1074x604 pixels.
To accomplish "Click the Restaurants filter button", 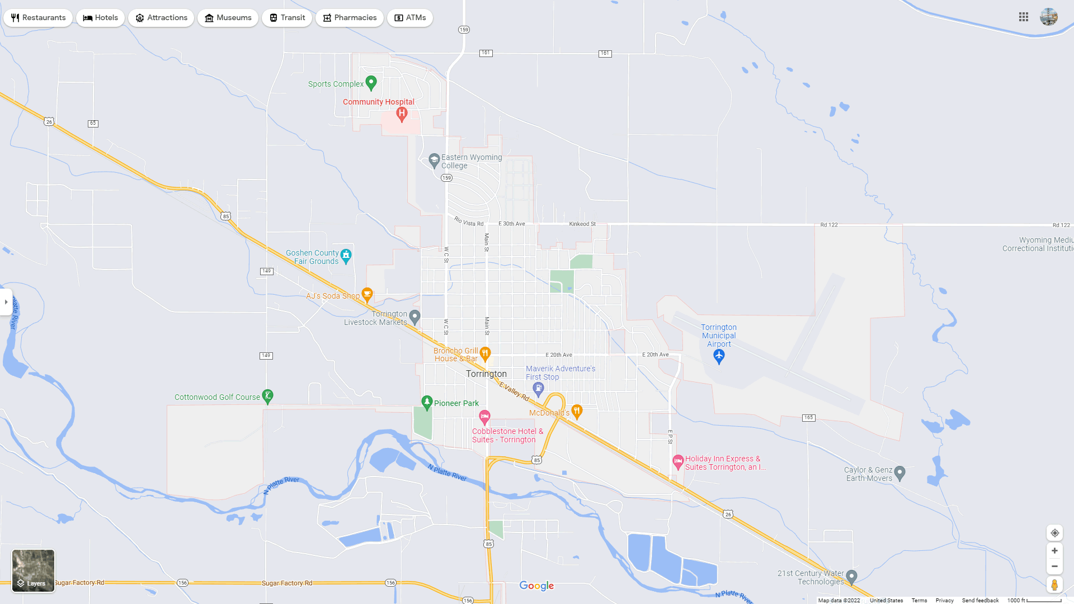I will click(x=38, y=18).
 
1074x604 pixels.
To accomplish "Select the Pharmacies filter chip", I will click(x=349, y=18).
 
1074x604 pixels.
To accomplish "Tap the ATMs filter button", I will click(x=410, y=18).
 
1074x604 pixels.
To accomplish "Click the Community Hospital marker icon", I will click(x=402, y=114).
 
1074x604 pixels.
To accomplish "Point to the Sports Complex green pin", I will click(x=371, y=83).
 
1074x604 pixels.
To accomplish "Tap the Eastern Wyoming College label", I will click(x=471, y=162).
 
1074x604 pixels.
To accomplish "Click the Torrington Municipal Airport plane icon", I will click(x=719, y=356).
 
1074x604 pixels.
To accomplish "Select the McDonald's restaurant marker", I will click(x=577, y=412).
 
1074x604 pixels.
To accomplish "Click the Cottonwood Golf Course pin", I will click(x=268, y=397).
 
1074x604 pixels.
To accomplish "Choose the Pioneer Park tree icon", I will click(x=427, y=402).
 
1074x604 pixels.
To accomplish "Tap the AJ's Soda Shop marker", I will click(x=367, y=294).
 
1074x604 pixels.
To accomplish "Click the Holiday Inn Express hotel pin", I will click(x=678, y=462).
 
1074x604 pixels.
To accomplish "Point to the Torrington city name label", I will click(x=486, y=374).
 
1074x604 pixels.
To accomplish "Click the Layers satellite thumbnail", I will click(x=34, y=570).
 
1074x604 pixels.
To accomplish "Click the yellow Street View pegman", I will click(x=1054, y=585).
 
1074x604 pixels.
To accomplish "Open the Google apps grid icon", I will click(x=1024, y=17).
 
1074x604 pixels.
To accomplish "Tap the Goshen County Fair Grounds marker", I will click(x=346, y=256).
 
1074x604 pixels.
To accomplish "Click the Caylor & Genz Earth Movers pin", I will click(x=899, y=473).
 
